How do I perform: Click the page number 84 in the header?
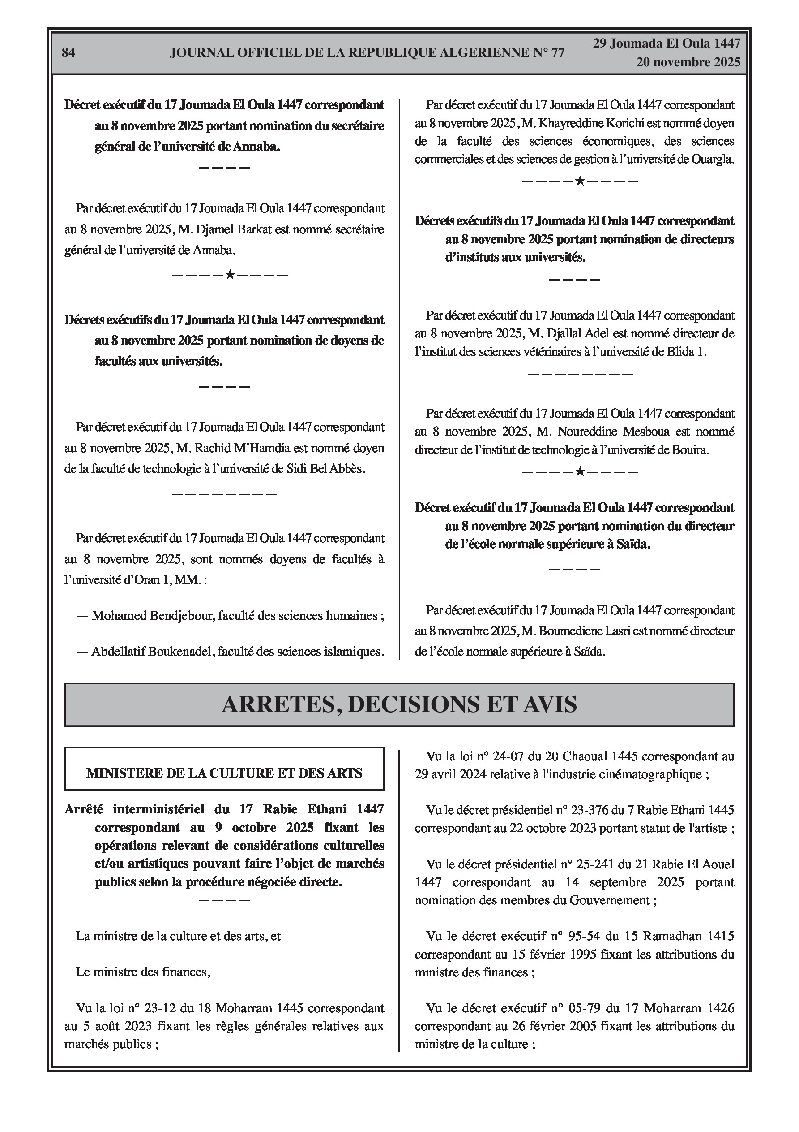click(68, 53)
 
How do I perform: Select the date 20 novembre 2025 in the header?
click(688, 62)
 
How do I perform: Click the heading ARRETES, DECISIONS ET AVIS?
click(399, 704)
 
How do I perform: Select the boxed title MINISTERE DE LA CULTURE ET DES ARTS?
click(224, 773)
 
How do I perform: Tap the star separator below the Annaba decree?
click(230, 275)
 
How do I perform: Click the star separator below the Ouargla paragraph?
click(580, 181)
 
